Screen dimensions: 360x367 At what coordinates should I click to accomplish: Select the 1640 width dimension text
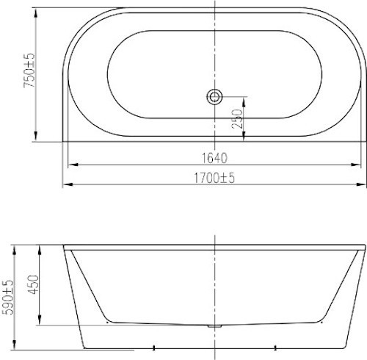click(214, 158)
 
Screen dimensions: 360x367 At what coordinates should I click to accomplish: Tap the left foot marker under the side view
click(153, 347)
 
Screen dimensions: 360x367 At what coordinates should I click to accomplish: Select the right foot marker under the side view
click(275, 347)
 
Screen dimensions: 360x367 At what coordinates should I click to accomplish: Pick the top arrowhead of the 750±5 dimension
click(37, 10)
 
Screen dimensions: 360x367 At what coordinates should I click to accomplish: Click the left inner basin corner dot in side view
click(107, 321)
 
